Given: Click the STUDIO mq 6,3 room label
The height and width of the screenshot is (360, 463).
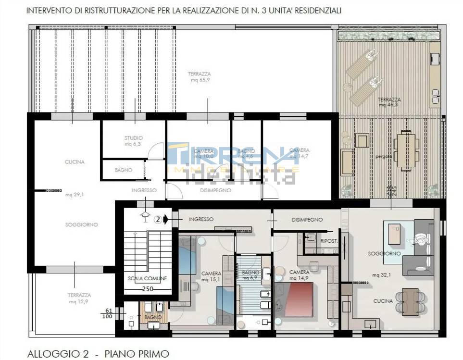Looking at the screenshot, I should click(134, 141).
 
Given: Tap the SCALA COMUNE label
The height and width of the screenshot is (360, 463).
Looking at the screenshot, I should click(147, 278).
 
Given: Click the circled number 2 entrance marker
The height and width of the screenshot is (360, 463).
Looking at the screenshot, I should click(157, 220).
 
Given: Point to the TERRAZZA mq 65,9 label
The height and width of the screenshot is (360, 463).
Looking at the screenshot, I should click(199, 77).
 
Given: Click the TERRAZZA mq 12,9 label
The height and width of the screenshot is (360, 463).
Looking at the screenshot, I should click(79, 298).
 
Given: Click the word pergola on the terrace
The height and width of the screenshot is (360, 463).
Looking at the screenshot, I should click(384, 157).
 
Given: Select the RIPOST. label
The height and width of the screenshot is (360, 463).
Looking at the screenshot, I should click(328, 240).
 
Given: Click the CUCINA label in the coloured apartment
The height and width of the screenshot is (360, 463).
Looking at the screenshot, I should click(383, 301).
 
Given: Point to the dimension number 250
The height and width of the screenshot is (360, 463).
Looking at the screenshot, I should click(148, 289).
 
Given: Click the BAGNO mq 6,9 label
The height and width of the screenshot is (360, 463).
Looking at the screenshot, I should click(250, 275).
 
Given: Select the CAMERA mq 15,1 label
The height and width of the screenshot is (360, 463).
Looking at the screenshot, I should click(211, 276).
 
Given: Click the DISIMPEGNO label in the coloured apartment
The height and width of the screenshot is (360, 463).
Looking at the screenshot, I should click(307, 220).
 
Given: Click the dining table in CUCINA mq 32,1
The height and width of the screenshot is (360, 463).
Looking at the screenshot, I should click(410, 301).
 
